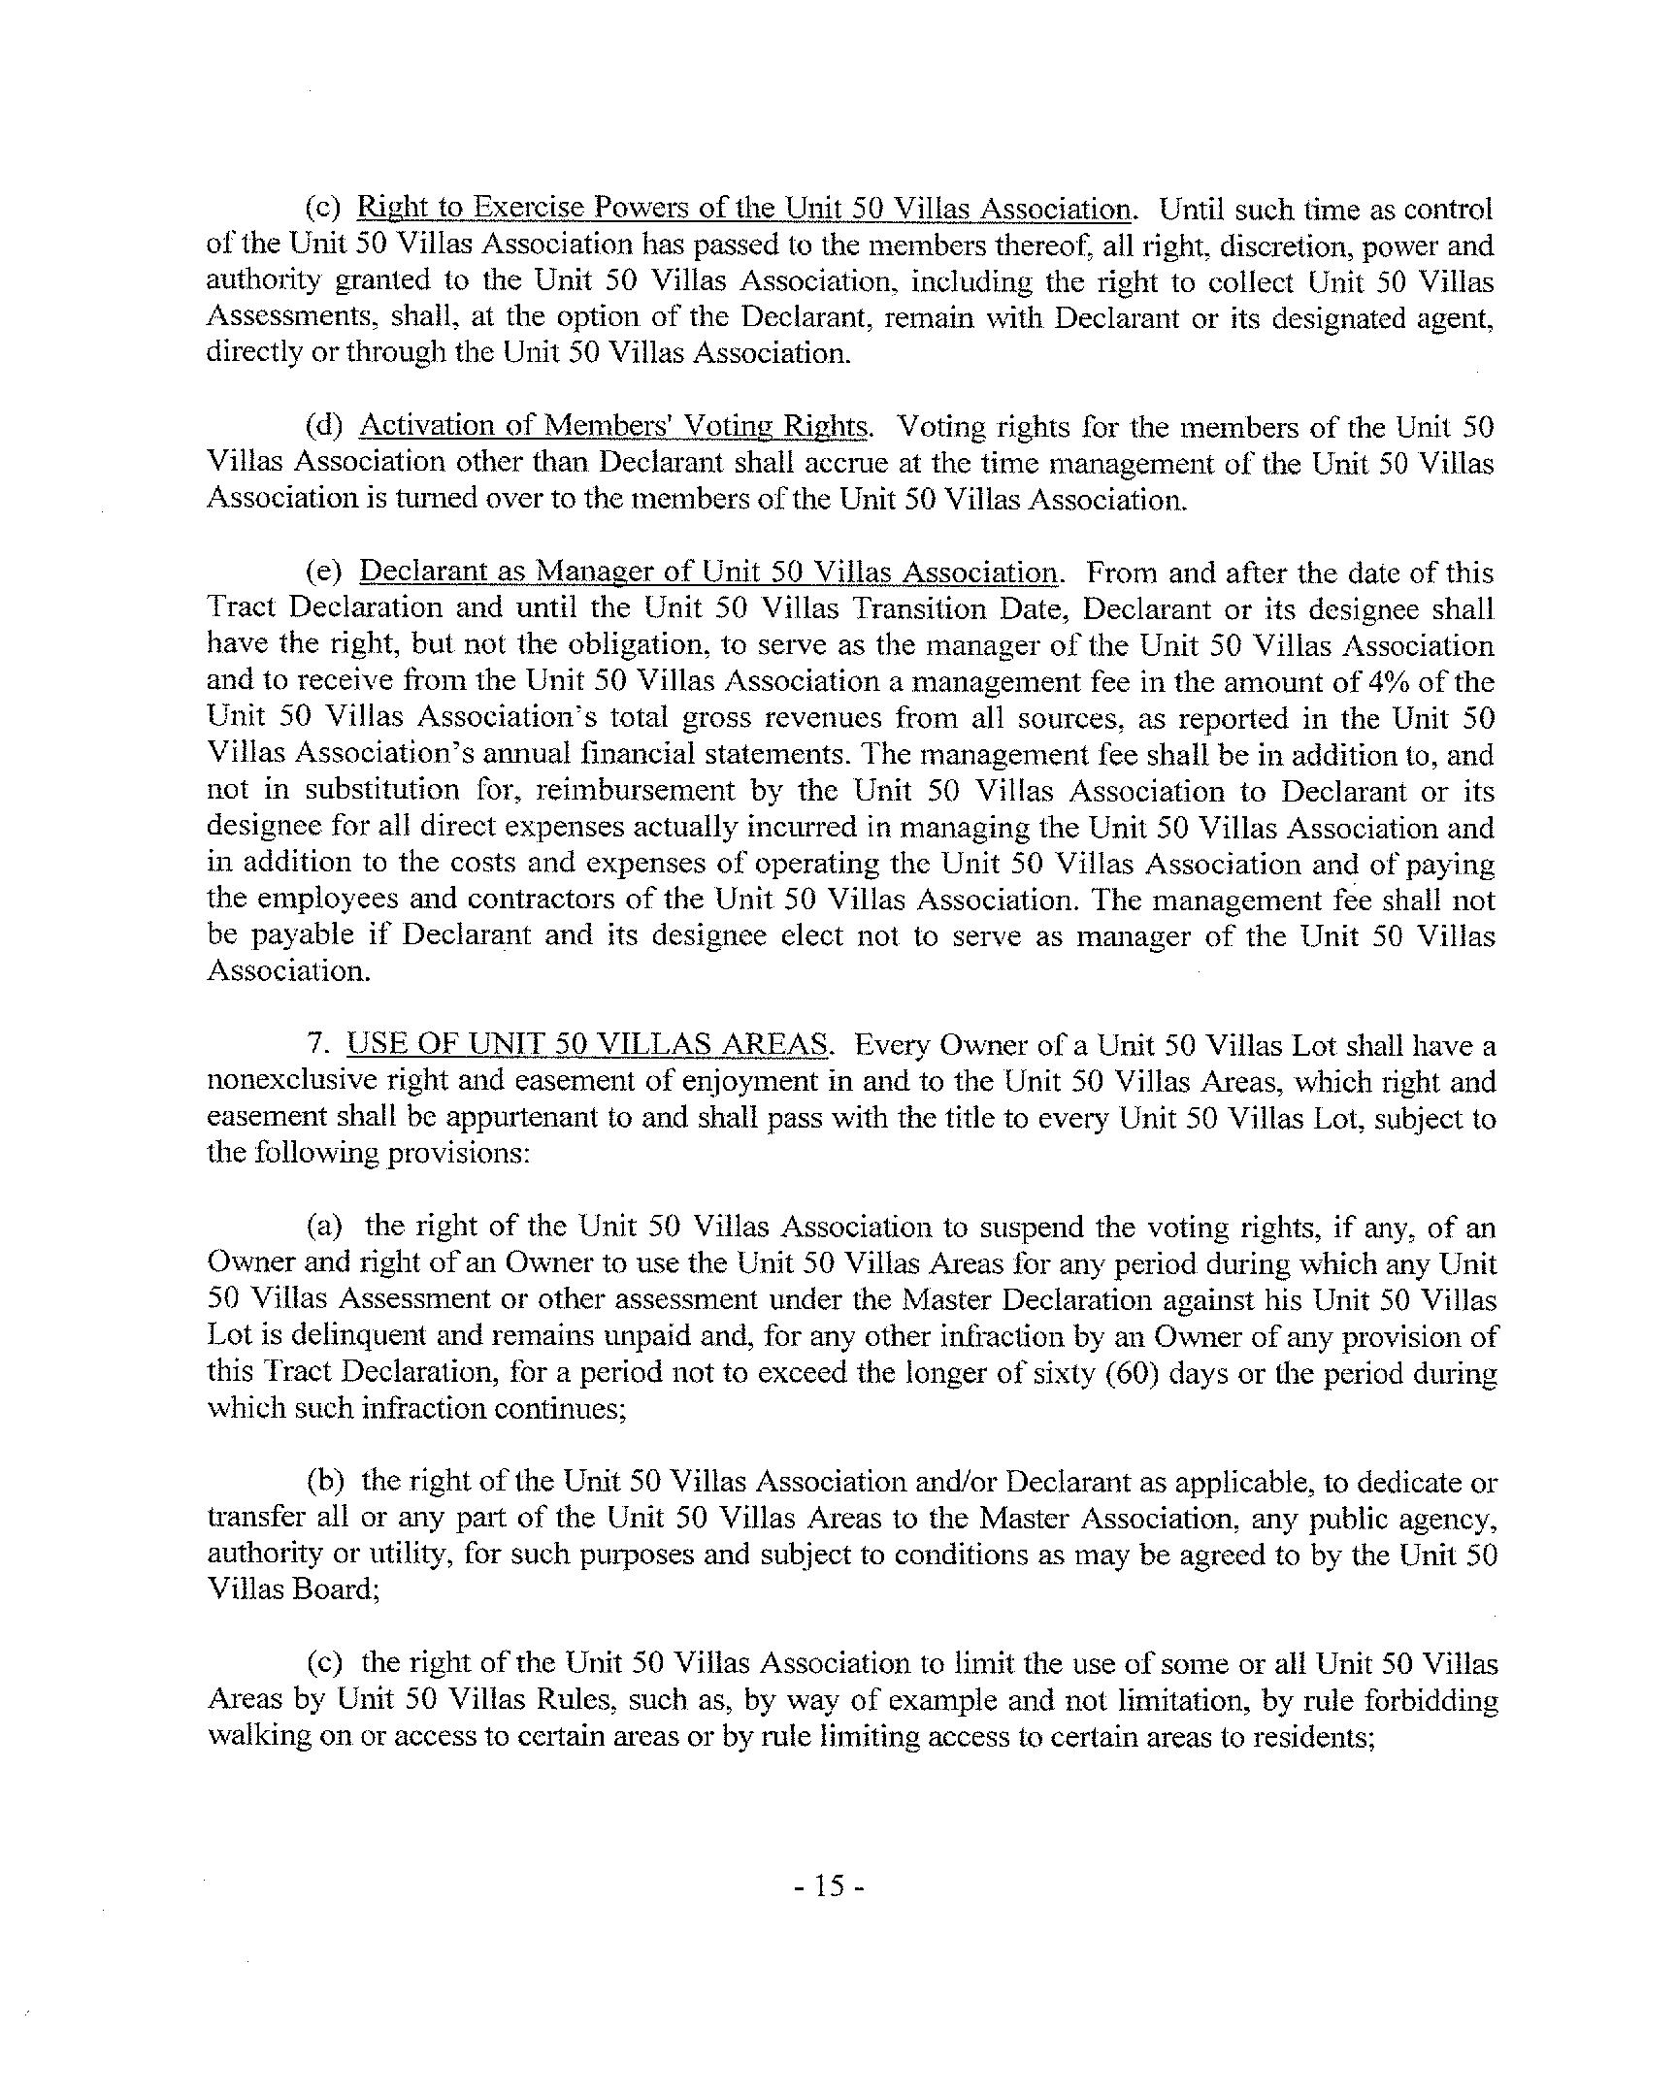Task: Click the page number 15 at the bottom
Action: (828, 1887)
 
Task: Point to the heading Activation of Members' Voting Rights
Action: (612, 426)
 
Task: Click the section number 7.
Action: (314, 1045)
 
